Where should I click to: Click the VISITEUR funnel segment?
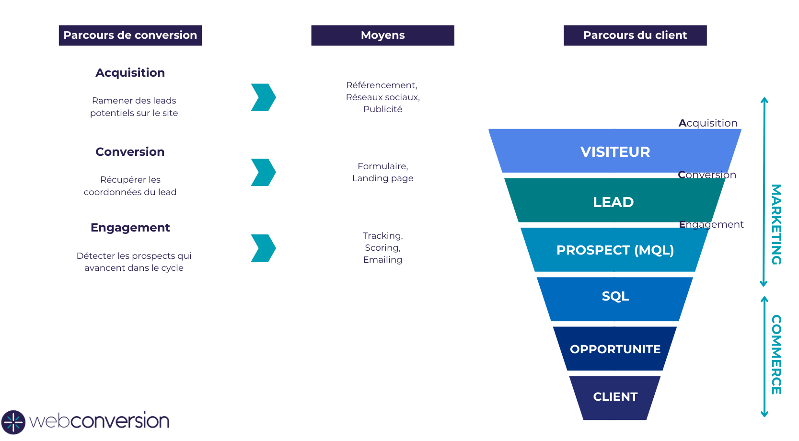pyautogui.click(x=615, y=151)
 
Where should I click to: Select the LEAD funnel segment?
pyautogui.click(x=614, y=202)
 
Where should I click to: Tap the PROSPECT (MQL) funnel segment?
pyautogui.click(x=615, y=250)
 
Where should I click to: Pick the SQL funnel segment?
pyautogui.click(x=615, y=296)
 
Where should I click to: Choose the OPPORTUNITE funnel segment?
pyautogui.click(x=615, y=349)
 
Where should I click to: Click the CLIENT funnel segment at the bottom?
pyautogui.click(x=615, y=397)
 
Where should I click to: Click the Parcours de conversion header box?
pyautogui.click(x=130, y=35)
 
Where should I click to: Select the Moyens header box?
pyautogui.click(x=382, y=35)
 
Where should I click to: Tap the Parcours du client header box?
pyautogui.click(x=635, y=35)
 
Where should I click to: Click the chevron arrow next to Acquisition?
pyautogui.click(x=263, y=97)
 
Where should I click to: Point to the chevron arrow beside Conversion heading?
pyautogui.click(x=263, y=172)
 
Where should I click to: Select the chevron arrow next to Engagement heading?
pyautogui.click(x=263, y=248)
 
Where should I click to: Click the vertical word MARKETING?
pyautogui.click(x=776, y=224)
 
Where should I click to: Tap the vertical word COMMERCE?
pyautogui.click(x=776, y=355)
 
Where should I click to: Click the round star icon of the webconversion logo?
pyautogui.click(x=13, y=422)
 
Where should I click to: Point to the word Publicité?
pyautogui.click(x=382, y=109)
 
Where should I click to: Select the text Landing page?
pyautogui.click(x=382, y=178)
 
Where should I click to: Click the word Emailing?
pyautogui.click(x=382, y=260)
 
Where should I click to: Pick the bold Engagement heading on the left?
pyautogui.click(x=130, y=228)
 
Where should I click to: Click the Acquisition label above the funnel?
pyautogui.click(x=708, y=123)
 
